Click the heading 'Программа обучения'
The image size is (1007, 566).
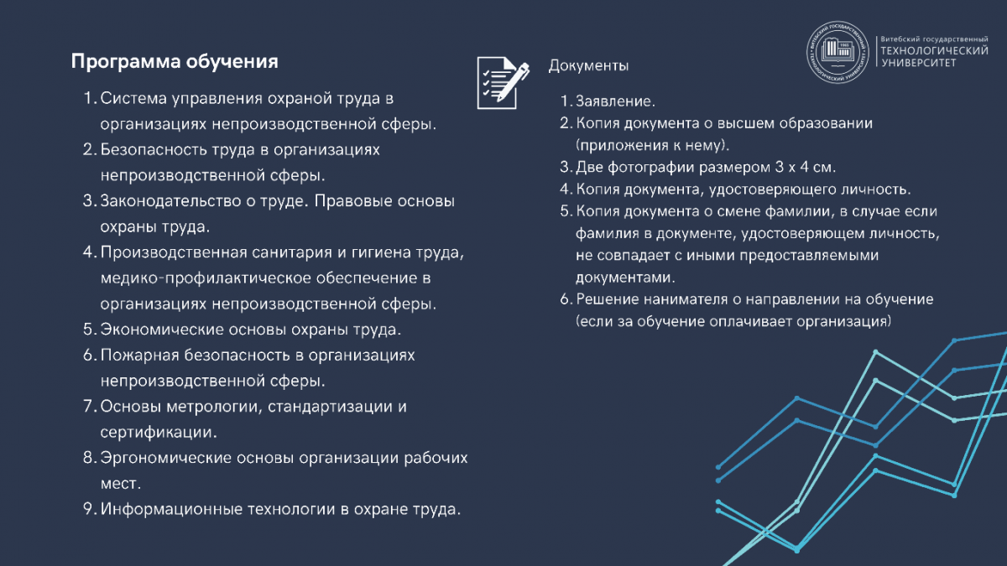(174, 62)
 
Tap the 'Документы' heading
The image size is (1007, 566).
(588, 65)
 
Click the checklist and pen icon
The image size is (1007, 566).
(503, 81)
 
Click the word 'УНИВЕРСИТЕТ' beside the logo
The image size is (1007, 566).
(917, 63)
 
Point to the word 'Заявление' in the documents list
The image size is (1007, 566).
(613, 101)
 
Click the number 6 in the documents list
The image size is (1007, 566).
(565, 299)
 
